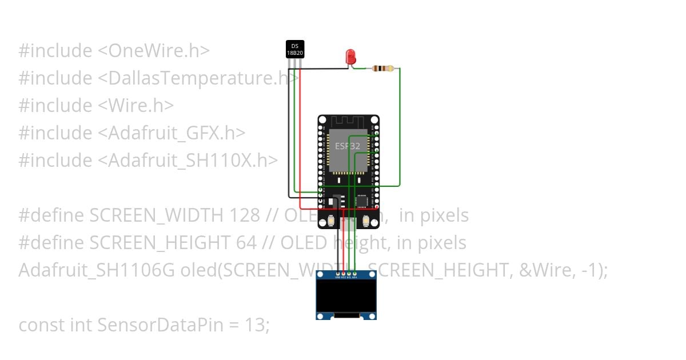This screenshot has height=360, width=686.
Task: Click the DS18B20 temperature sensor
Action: pyautogui.click(x=295, y=49)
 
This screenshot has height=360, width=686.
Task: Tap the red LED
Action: pyautogui.click(x=350, y=56)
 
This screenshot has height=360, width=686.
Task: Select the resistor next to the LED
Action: pyautogui.click(x=382, y=69)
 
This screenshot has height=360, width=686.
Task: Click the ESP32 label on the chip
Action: pyautogui.click(x=348, y=146)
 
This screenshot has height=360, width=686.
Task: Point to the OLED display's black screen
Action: pyautogui.click(x=346, y=297)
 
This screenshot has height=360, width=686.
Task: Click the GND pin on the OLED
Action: pyautogui.click(x=337, y=273)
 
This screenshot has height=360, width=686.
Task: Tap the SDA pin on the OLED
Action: pyautogui.click(x=354, y=273)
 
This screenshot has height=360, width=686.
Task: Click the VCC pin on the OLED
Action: pyautogui.click(x=343, y=273)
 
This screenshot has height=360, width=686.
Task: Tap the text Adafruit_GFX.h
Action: pyautogui.click(x=176, y=133)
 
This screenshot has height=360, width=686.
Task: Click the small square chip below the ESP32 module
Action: pyautogui.click(x=362, y=201)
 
